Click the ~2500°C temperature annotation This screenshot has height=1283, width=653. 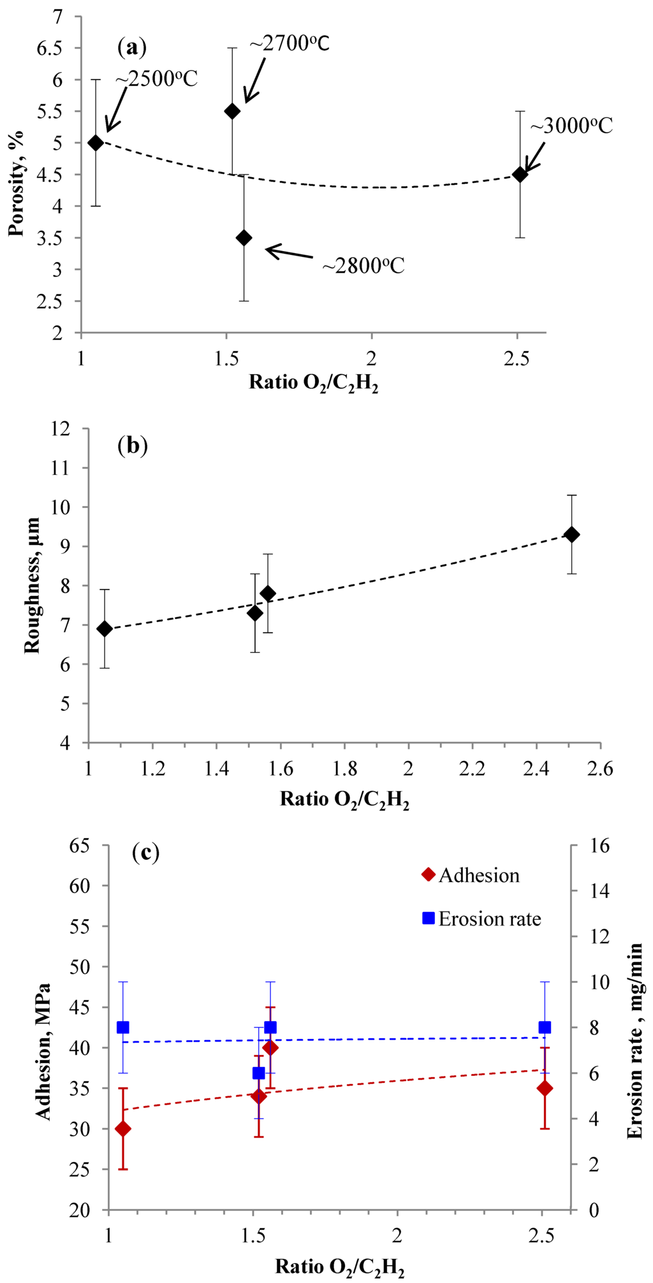coord(156,78)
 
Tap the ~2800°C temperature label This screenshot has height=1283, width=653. coord(363,265)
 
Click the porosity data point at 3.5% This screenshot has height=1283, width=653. coord(244,238)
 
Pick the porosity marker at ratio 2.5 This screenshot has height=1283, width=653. coord(520,174)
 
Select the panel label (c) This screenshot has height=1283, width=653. coord(145,852)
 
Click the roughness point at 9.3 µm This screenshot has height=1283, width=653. coord(572,534)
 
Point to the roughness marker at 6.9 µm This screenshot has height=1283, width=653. coord(105,629)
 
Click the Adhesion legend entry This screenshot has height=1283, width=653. coord(471,875)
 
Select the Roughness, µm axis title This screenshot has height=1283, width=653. coord(32,585)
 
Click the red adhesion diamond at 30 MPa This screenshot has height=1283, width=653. coord(122,1129)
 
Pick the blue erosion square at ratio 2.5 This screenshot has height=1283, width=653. coord(545,1027)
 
